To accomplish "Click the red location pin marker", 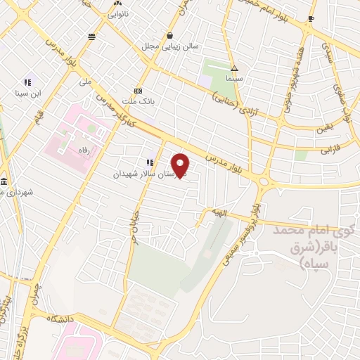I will (x=181, y=165).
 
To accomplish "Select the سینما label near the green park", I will (x=234, y=79).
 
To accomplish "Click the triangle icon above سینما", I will (x=234, y=69).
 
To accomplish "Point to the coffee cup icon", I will (x=311, y=19).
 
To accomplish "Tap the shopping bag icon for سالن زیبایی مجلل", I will (x=169, y=35).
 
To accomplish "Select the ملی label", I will (x=85, y=81).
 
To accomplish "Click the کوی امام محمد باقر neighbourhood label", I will (x=309, y=246).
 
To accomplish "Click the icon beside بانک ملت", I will (x=139, y=91).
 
